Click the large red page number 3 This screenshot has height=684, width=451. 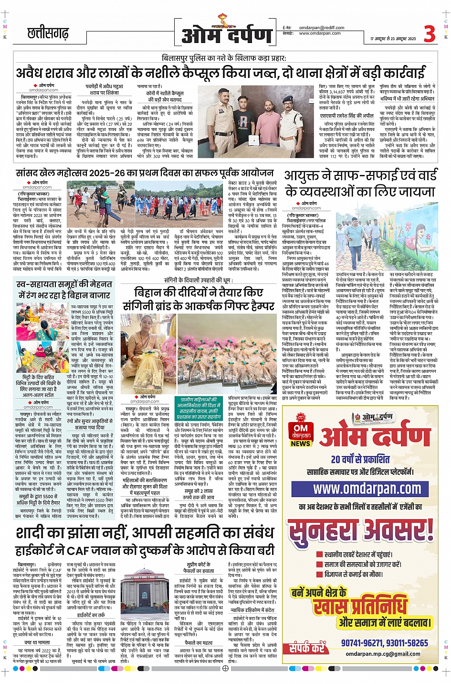coord(430,34)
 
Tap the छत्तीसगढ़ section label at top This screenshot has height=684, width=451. coord(48,33)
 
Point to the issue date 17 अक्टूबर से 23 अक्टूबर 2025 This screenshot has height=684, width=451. coord(393,39)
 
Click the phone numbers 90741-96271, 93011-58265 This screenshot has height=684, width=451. coord(384,643)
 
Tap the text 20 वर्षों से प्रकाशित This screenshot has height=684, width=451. coord(360,459)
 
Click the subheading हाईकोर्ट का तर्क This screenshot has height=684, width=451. coord(91,615)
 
